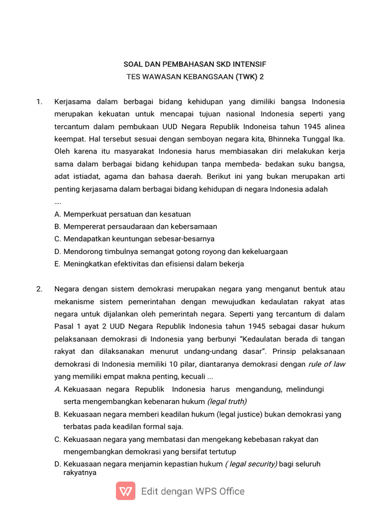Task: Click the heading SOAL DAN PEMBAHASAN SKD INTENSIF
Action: (194, 65)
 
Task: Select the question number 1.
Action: (39, 102)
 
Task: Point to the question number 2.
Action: (39, 289)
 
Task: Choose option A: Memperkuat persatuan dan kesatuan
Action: (122, 214)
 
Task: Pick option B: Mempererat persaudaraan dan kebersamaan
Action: (135, 227)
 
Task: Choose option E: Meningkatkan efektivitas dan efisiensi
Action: (149, 264)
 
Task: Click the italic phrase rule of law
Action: (327, 364)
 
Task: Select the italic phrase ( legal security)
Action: (251, 464)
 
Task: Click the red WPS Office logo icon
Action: (125, 491)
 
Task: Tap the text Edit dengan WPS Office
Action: (193, 492)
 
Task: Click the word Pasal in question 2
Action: (64, 327)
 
